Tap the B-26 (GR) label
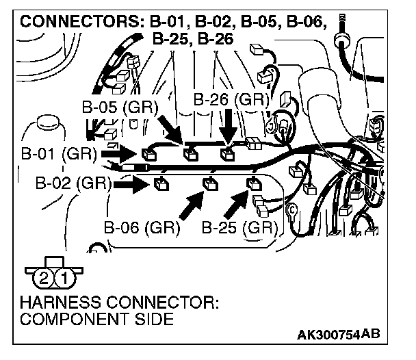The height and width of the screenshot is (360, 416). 229,99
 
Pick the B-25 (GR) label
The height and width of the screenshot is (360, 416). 239,227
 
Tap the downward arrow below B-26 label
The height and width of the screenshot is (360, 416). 228,127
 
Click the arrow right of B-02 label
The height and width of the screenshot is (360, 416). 132,183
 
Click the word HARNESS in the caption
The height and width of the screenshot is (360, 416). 53,301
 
